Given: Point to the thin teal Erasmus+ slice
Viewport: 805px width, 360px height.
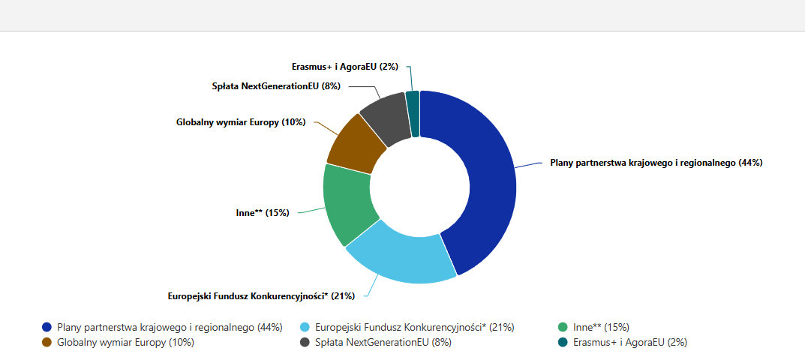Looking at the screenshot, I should pos(413,113).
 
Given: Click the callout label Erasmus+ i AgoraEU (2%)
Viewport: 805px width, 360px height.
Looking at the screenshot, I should pos(345,67).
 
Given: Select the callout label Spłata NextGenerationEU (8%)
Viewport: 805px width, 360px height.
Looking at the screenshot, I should pos(277,86).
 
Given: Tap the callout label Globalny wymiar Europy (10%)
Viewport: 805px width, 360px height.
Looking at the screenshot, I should pos(241,121).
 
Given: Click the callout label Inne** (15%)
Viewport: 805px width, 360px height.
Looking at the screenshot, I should pos(263,213).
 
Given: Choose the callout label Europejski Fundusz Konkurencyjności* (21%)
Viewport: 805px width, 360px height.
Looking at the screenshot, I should pos(261,295).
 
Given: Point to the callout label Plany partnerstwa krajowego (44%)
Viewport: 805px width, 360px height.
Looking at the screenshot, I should pos(656,163).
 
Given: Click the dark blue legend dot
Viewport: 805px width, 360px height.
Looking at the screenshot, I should pos(47,327).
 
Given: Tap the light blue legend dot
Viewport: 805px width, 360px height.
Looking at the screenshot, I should pos(305,327).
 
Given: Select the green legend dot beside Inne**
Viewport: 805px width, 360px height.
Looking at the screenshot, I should pos(563,327).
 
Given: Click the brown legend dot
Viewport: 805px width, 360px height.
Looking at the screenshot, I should pos(47,342).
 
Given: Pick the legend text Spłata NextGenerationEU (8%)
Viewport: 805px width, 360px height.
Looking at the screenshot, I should pos(383,342).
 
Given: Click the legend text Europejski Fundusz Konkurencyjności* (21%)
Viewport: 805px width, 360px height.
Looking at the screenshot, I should pos(415,327).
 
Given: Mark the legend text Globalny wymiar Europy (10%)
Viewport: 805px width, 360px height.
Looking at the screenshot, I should pos(126,342).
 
